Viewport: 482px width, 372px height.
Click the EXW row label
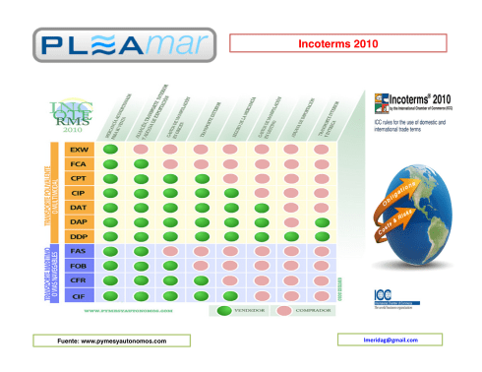pos(77,149)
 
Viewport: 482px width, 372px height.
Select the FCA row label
pos(77,163)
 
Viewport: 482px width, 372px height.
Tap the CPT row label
pos(77,178)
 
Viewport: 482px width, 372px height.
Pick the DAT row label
pos(77,208)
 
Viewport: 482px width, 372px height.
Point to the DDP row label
pos(77,237)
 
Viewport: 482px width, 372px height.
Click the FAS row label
pos(77,252)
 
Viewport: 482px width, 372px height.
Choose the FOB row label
pos(77,266)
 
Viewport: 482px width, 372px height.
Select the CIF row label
pos(77,294)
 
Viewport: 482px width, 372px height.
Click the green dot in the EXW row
pos(111,149)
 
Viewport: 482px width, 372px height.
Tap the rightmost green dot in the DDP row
pos(323,237)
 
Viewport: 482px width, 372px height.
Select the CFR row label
pos(77,280)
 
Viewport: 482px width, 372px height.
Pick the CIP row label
pos(77,193)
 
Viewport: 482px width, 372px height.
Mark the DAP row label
pos(77,222)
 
